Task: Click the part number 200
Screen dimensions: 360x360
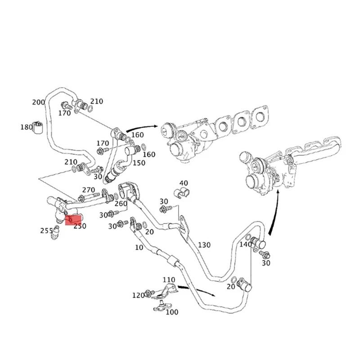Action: tap(39, 103)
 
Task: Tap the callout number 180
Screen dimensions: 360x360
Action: tap(27, 127)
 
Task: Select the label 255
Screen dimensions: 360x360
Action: tap(46, 230)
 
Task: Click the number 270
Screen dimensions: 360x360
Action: tap(88, 190)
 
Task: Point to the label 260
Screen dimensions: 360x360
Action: tap(121, 203)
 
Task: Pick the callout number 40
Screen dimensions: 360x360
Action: tap(183, 183)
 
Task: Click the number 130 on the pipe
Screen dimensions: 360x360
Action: tap(204, 245)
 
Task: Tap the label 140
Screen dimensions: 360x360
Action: tap(246, 244)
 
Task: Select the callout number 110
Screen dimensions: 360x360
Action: tap(169, 280)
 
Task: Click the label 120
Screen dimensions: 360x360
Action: tap(138, 295)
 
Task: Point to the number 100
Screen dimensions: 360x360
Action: tap(172, 312)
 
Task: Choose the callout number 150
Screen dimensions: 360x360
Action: tap(139, 163)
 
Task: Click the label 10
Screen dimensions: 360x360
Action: tap(139, 247)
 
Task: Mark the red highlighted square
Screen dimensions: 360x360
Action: tap(72, 219)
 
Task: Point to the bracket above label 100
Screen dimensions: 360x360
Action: tap(166, 292)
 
